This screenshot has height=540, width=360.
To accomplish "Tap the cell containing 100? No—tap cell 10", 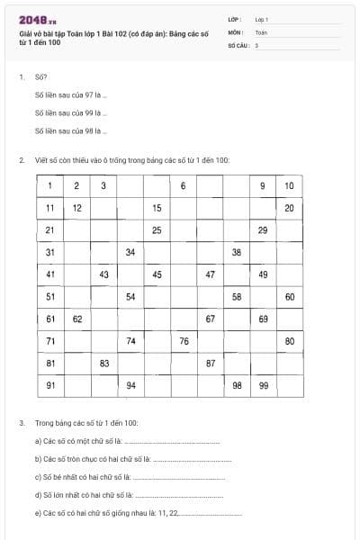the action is pos(289,186).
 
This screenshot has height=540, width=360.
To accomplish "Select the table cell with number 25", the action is pos(157,230).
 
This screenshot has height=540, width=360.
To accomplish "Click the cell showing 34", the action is pos(130,252).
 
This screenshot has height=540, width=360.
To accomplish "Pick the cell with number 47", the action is pos(210,274).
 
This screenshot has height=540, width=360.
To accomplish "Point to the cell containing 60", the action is pos(289,296).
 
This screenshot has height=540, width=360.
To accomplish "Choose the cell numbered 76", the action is pos(184,341).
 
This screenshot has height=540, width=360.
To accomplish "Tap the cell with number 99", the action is pos(263,385).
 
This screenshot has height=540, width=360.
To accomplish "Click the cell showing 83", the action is pos(104,363).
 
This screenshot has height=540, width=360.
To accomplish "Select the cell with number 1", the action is pos(50,186).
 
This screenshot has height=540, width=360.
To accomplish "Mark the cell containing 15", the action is pos(157,208).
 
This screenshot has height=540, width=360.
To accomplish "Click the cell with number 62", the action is pos(77,319).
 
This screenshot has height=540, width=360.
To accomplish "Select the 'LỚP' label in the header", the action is pos(235,19).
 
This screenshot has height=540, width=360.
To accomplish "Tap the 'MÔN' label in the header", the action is pos(236,31).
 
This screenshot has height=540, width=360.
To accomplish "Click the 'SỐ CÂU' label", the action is pos(238,44).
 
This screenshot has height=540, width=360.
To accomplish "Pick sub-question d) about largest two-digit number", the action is pos(85,494).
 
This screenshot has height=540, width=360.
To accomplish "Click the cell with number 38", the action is pos(237,252).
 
